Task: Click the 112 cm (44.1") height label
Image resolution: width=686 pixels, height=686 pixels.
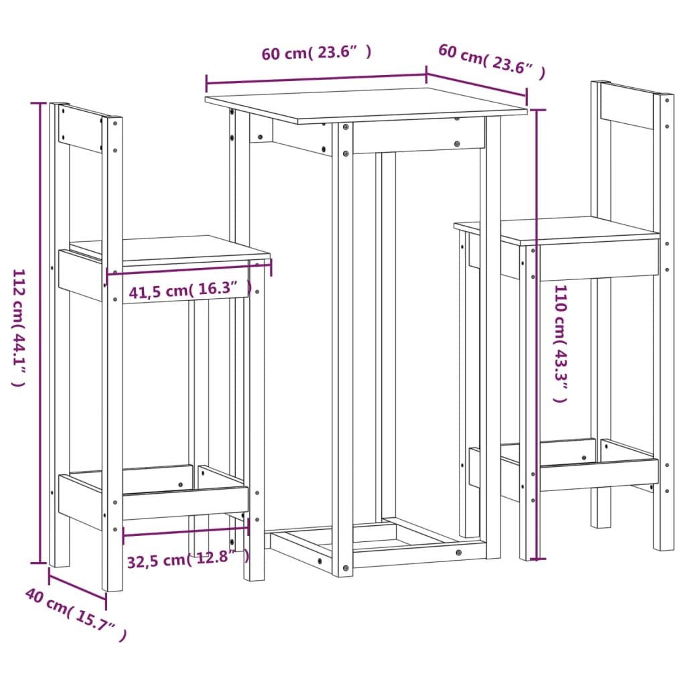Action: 18,328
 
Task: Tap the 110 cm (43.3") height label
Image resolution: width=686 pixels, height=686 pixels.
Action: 560,343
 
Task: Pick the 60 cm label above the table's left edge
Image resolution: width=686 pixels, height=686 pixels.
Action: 316,53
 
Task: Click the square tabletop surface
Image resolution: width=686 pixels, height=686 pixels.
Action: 365,105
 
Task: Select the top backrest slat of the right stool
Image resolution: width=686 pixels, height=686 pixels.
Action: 626,107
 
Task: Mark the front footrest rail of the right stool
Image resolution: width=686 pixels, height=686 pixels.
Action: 598,474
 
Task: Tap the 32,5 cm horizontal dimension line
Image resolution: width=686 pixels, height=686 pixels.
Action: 186,530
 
